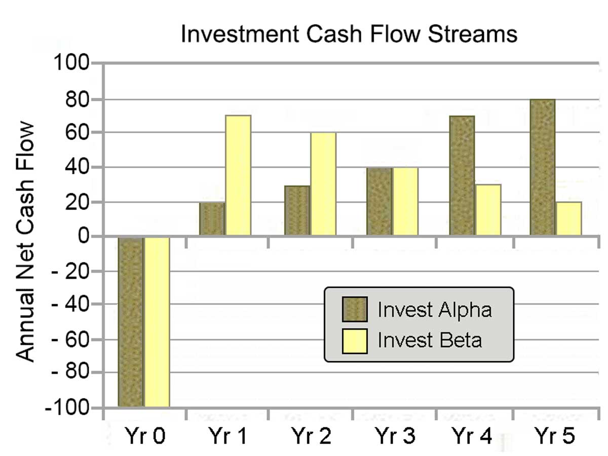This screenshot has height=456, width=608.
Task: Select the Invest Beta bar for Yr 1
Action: pos(238,175)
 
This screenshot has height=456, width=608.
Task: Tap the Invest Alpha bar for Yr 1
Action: pos(212,219)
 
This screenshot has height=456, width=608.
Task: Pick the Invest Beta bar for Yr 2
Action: pos(323,184)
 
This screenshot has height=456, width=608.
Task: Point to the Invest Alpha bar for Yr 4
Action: pos(462,176)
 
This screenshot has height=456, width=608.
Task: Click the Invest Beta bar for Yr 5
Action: pos(568,218)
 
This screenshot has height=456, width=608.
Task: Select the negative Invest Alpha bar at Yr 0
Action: pos(131,322)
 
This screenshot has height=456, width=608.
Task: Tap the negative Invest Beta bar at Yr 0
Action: pos(157,322)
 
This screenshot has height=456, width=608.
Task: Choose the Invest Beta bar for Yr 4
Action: pos(488,210)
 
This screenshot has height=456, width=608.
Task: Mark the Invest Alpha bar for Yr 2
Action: pos(297,210)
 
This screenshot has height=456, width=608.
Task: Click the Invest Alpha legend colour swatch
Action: pos(354,309)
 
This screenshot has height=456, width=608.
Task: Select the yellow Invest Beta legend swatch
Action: pos(354,340)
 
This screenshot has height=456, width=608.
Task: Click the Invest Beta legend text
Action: pos(430,340)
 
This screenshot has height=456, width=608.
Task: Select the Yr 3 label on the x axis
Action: pos(393,436)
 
